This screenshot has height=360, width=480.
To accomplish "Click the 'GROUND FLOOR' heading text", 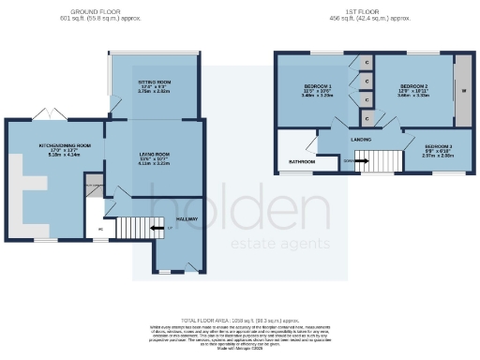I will click(98, 12).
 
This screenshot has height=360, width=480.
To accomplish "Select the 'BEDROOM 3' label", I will click(438, 147).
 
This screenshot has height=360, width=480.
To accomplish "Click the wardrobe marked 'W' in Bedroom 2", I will click(461, 91).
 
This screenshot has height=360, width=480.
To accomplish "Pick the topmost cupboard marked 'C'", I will click(367, 63).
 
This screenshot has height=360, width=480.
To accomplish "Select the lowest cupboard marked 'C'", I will click(367, 118).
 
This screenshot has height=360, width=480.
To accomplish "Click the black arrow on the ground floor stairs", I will click(157, 228).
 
